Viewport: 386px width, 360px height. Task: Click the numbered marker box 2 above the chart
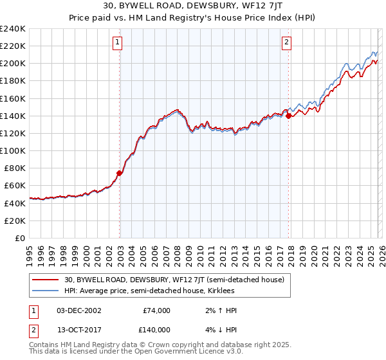pyautogui.click(x=286, y=43)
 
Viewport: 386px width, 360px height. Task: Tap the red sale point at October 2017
pyautogui.click(x=288, y=116)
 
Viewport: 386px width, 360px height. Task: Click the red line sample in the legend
pyautogui.click(x=45, y=280)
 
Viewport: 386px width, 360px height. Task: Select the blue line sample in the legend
pyautogui.click(x=45, y=291)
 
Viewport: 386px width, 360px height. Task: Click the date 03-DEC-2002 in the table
pyautogui.click(x=78, y=310)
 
